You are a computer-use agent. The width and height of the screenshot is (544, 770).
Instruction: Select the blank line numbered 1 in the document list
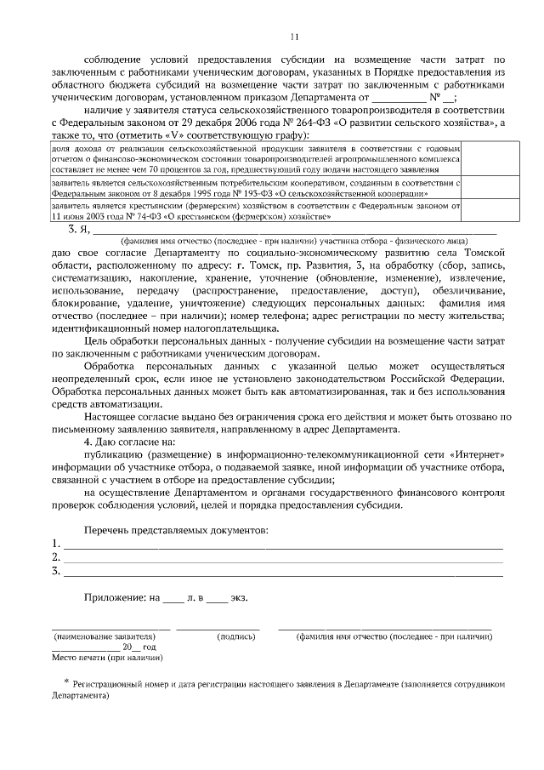[x=280, y=545]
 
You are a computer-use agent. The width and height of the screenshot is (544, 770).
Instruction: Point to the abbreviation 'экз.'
[x=239, y=598]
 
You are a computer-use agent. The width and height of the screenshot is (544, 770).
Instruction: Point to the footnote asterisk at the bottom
[x=66, y=682]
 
